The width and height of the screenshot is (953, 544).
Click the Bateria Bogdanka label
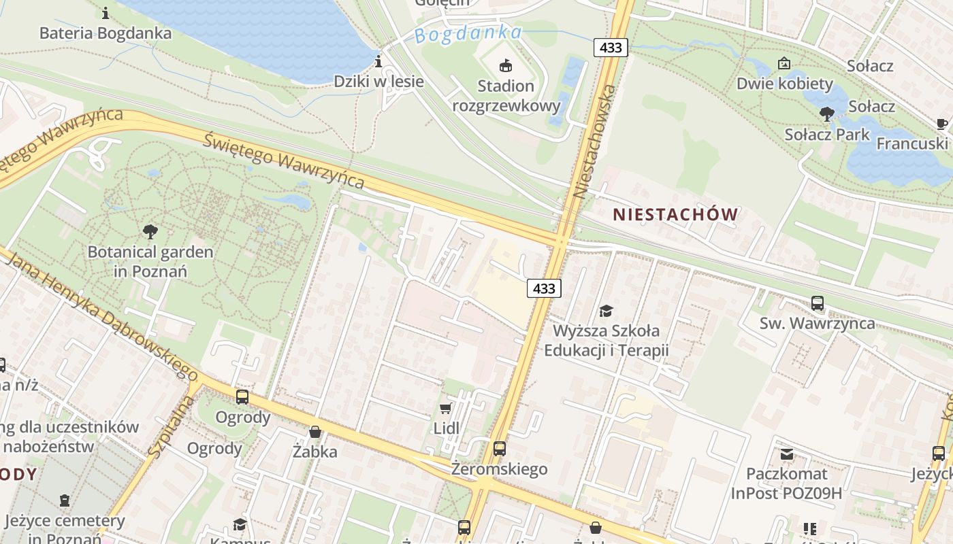click(106, 33)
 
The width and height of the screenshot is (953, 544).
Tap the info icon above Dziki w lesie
click(378, 63)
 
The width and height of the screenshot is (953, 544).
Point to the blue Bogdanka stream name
click(468, 34)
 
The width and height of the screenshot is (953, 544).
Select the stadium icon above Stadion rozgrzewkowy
click(505, 66)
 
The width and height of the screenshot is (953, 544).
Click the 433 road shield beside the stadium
click(611, 47)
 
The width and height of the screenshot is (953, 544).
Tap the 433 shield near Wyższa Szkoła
click(544, 288)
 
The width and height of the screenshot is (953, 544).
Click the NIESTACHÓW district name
click(675, 215)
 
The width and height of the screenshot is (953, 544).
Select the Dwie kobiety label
click(784, 84)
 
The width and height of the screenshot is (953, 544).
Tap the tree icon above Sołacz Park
click(827, 114)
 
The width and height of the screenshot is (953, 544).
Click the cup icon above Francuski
click(941, 124)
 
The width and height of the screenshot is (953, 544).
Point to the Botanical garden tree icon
click(150, 232)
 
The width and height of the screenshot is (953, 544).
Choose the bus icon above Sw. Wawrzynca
click(818, 303)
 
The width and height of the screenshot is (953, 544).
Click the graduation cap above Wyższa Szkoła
click(606, 311)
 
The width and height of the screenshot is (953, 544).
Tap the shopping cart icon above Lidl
click(446, 408)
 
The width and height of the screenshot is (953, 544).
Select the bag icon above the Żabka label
click(315, 431)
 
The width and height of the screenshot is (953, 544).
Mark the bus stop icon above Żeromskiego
click(500, 449)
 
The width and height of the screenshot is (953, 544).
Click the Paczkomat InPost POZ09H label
click(786, 483)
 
